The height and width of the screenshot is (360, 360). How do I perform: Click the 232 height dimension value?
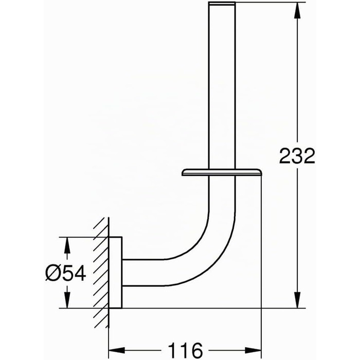tap(297, 156)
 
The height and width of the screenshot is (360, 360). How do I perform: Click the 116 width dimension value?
tap(185, 350)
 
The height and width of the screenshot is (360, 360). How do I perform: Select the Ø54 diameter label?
tap(66, 273)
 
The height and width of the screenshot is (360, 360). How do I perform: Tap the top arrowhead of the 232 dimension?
tap(297, 10)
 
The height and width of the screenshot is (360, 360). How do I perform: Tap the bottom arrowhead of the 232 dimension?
tap(297, 300)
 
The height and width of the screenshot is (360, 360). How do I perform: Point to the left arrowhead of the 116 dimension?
tap(117, 350)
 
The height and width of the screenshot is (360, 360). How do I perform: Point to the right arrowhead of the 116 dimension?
tap(253, 350)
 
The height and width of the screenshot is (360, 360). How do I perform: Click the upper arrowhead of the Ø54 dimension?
tap(67, 245)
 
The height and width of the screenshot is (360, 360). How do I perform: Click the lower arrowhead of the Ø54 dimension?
tap(67, 300)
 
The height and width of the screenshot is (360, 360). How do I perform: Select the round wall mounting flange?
tap(115, 272)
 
